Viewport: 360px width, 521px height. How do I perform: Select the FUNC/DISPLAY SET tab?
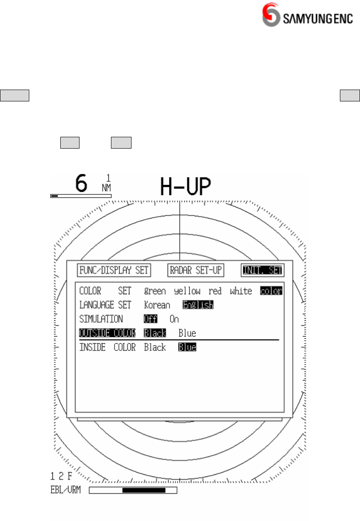point(114,270)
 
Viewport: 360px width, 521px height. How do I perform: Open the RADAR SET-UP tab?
point(196,270)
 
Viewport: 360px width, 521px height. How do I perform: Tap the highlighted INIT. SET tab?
point(262,270)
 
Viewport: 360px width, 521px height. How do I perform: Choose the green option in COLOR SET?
point(155,292)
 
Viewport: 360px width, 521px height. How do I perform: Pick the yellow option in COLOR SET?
point(187,292)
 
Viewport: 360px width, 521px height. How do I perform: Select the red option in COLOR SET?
point(215,292)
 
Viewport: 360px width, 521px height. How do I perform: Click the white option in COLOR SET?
point(241,292)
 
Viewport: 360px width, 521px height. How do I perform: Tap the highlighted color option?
point(271,292)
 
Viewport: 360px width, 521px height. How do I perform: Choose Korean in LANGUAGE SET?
point(157,305)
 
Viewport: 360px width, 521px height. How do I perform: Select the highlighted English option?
point(198,305)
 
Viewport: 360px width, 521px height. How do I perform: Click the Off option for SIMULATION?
point(150,319)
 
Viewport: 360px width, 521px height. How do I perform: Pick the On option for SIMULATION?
point(174,319)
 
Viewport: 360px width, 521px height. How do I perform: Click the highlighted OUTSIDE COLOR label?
point(107,333)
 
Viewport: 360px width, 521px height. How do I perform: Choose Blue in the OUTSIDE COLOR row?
point(187,333)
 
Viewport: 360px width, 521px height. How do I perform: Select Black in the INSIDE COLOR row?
point(155,347)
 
